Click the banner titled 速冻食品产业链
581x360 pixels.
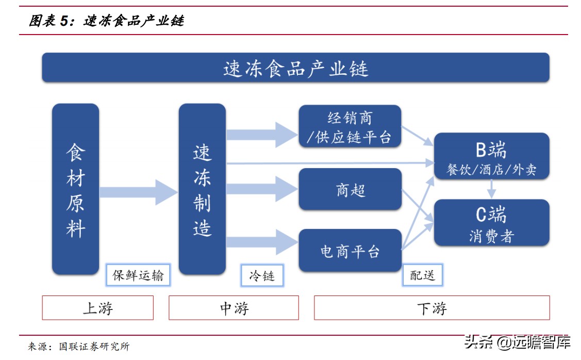(x=295, y=68)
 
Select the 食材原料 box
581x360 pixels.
(x=75, y=189)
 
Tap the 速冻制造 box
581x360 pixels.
(x=202, y=189)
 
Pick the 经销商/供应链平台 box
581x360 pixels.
(x=350, y=127)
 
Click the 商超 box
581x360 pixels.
(x=350, y=189)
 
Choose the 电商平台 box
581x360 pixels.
(x=350, y=251)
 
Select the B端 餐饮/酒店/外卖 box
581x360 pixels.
(x=491, y=156)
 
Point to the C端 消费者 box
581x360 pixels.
(x=491, y=222)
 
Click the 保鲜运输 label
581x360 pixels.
(x=138, y=275)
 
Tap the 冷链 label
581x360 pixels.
(x=262, y=275)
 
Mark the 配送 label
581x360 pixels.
(x=423, y=275)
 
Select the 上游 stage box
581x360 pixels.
(x=98, y=308)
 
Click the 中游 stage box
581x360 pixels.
(x=234, y=308)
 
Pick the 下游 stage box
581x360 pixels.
(x=432, y=308)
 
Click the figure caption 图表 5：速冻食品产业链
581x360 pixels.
(x=106, y=21)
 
